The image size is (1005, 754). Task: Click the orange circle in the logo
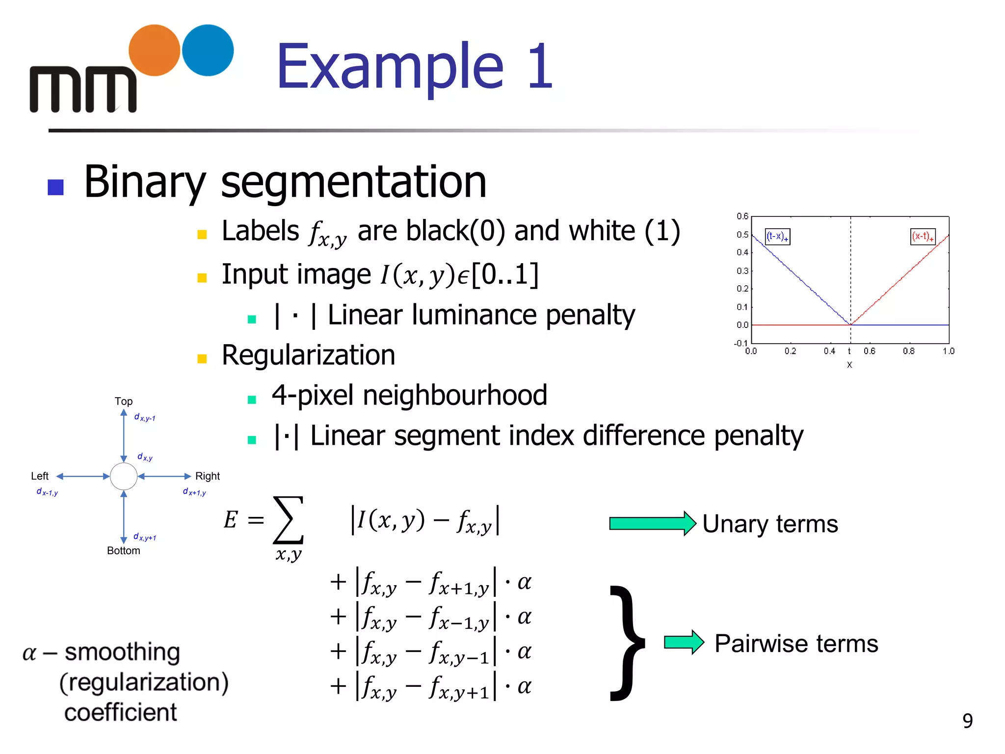click(x=154, y=50)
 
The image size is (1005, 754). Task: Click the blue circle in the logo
click(x=208, y=50)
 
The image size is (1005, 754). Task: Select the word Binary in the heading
click(x=144, y=183)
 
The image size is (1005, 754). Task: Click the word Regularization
click(x=308, y=355)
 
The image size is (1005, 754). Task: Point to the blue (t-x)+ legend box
click(x=777, y=237)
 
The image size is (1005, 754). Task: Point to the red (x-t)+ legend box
click(x=923, y=237)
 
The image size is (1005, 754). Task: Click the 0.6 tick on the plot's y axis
click(x=742, y=216)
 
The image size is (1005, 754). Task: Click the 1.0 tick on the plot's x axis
click(x=949, y=351)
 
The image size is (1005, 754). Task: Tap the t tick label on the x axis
click(x=849, y=351)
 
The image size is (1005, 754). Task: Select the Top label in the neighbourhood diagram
click(x=124, y=401)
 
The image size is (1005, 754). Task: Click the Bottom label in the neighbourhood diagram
click(x=124, y=551)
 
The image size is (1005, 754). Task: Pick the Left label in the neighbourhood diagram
click(x=40, y=476)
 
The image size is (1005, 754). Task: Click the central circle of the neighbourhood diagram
click(x=124, y=476)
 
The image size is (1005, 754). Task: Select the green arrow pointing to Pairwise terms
click(x=684, y=642)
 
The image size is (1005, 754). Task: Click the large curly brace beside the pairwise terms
click(x=627, y=643)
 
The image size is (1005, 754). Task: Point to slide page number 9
click(x=967, y=721)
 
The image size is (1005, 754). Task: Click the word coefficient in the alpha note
click(x=121, y=712)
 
